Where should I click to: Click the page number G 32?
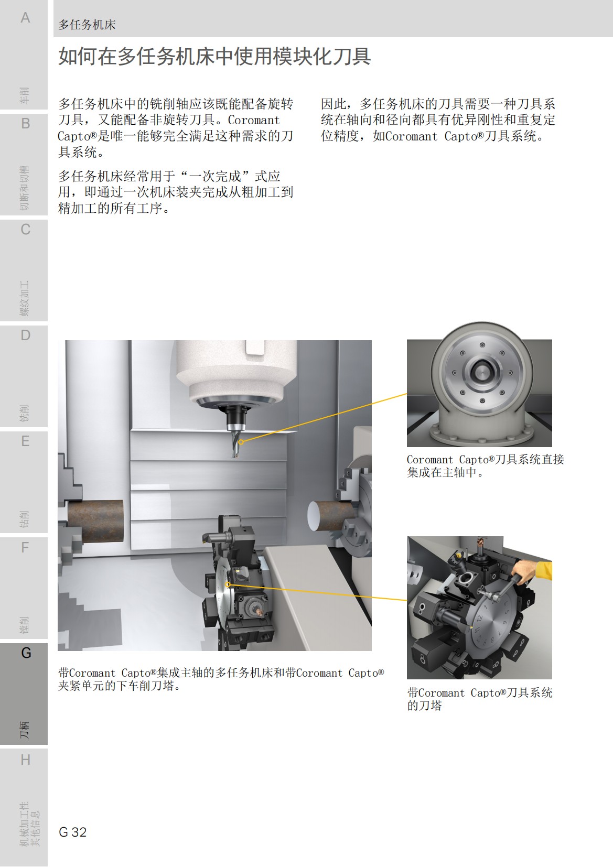click(73, 832)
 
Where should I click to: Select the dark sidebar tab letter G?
click(26, 653)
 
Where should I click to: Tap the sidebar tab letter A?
click(25, 18)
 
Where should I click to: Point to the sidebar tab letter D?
click(25, 335)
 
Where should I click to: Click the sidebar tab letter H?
click(25, 760)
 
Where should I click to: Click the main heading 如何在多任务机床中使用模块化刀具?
click(214, 56)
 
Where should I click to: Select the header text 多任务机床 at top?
click(87, 25)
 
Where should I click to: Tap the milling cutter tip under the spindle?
click(235, 452)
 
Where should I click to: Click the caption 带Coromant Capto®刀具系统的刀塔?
click(480, 699)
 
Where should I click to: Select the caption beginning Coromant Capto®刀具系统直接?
click(485, 465)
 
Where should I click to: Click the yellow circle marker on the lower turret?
click(228, 584)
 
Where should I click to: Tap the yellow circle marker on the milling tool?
click(241, 442)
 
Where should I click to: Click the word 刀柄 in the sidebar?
click(25, 729)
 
